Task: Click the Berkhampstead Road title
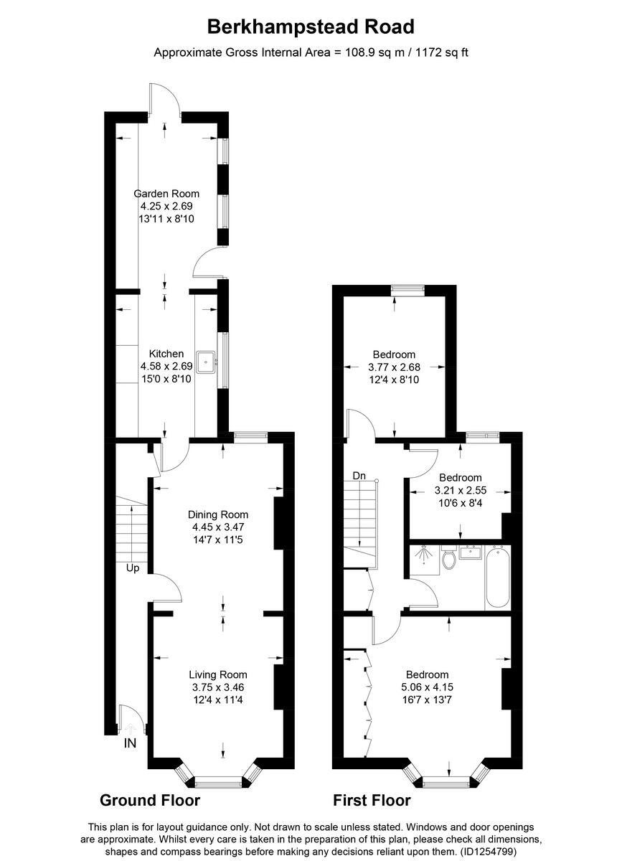pos(311,27)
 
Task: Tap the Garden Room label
pos(166,193)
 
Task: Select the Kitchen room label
pos(166,354)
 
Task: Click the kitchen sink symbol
pos(208,362)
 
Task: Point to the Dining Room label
pos(218,514)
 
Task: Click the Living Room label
pos(218,674)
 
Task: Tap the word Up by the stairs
pos(133,568)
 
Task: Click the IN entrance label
pos(130,743)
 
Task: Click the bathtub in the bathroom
pos(498,577)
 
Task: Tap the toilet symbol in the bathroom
pos(449,558)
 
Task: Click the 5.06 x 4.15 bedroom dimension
pos(428,687)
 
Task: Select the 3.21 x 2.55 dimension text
pos(460,490)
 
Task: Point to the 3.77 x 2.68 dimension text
pos(394,367)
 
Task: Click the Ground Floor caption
pos(149,800)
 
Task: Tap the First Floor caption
pos(372,800)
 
